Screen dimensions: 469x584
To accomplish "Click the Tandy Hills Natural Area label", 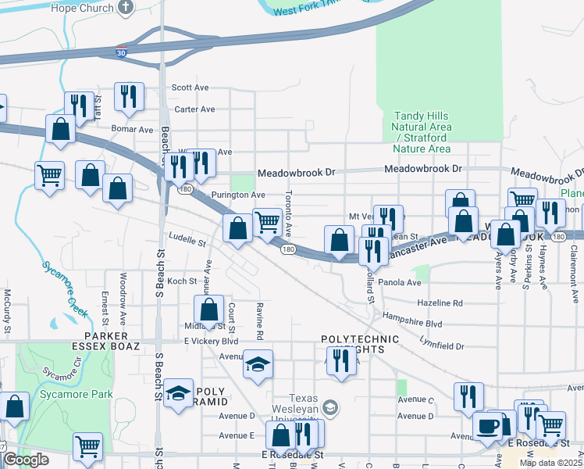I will coord(422,132).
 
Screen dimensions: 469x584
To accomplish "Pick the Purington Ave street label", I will coord(238,195).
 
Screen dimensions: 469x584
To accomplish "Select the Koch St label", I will coord(182,281).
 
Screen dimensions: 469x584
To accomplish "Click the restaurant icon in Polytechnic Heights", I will coord(340,360).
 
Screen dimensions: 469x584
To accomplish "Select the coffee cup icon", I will coord(488,426).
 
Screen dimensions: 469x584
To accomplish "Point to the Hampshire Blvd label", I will coord(412,319).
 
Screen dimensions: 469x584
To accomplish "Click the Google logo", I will coord(27,459).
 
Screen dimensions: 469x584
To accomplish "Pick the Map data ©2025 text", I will coord(551,463).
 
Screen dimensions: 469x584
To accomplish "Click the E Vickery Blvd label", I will coord(211,342).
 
